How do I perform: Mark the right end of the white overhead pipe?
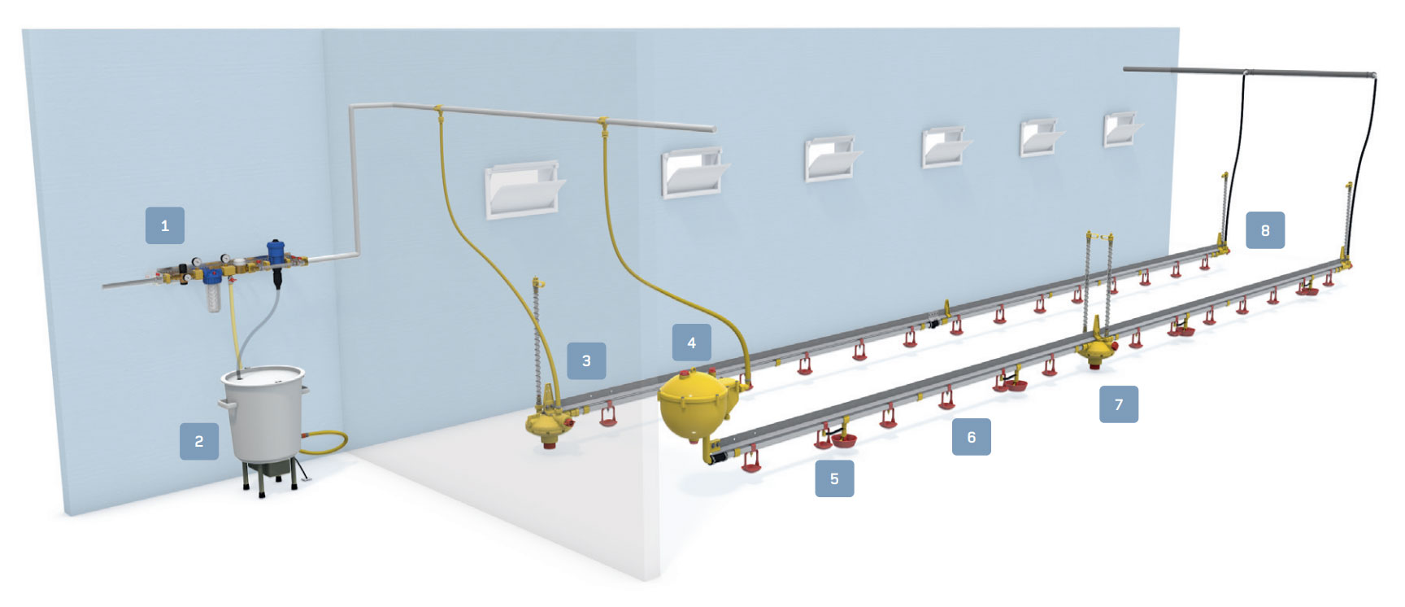coord(714,129)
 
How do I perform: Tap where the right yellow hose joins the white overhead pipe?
coord(603,120)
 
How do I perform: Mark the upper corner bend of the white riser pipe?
coord(354,107)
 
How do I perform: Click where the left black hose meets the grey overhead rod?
coord(1246,72)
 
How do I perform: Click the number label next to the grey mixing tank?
coord(199,441)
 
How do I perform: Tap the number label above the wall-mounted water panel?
coord(165,225)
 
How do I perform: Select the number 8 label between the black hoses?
coord(1265,230)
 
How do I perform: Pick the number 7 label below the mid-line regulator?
coord(1119,404)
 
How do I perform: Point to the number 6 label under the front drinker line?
coord(972,437)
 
